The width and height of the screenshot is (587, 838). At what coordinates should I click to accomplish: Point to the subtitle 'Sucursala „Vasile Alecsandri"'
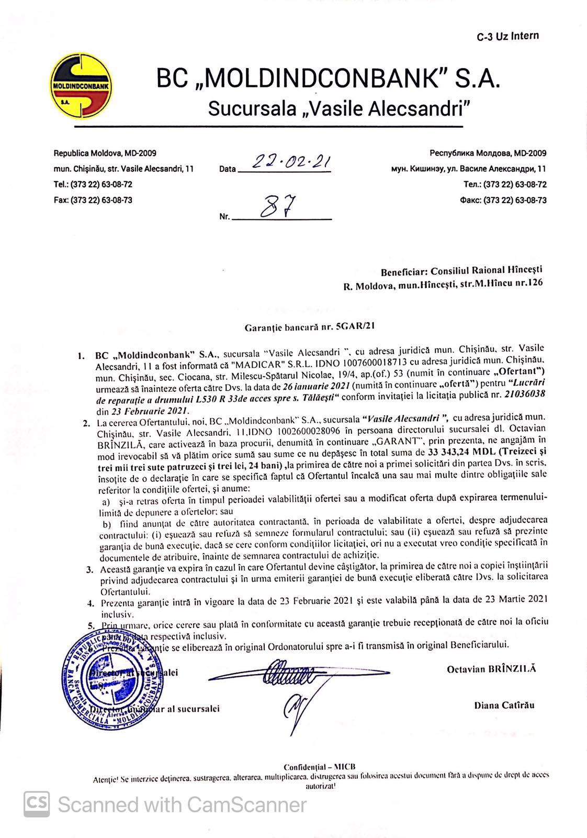click(x=339, y=108)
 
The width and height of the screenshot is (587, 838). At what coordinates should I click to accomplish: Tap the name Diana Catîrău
click(x=504, y=705)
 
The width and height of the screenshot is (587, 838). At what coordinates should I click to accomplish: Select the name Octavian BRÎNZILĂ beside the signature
click(x=491, y=669)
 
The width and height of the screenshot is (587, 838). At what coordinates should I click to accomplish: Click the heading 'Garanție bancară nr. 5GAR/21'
click(x=310, y=327)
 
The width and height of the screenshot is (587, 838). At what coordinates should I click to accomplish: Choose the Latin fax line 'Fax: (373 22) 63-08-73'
click(x=93, y=200)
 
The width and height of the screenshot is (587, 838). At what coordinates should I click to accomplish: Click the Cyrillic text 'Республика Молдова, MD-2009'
click(x=488, y=153)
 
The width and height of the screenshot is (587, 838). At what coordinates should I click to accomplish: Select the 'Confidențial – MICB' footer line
click(x=319, y=766)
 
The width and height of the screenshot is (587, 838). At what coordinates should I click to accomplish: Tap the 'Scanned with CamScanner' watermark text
click(x=182, y=805)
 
